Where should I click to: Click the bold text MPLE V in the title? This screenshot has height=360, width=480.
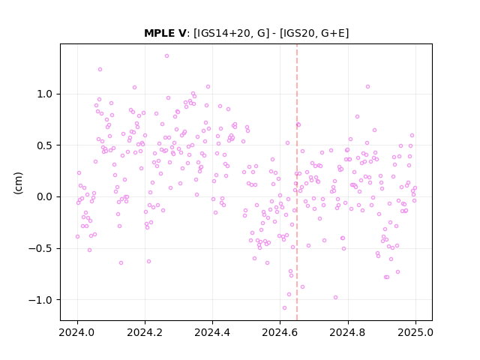[165, 33]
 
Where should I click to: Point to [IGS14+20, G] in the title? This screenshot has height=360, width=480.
[232, 33]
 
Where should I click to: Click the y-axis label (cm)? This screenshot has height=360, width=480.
[18, 183]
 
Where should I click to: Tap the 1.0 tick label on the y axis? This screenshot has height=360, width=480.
[45, 94]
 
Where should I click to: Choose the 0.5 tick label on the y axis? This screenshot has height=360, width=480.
[45, 145]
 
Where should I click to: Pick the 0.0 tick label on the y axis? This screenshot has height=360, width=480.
[45, 196]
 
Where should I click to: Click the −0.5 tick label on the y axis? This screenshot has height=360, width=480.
[40, 248]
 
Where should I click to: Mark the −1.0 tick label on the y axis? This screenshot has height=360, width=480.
[40, 300]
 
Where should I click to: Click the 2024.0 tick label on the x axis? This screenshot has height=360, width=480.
[77, 332]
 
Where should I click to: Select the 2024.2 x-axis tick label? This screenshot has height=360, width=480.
[145, 332]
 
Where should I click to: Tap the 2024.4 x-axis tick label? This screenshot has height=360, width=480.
[212, 332]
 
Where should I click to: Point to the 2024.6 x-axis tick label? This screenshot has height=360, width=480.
[280, 332]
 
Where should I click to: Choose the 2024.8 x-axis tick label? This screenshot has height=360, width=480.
[348, 332]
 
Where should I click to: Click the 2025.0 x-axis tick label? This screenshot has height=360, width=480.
[415, 332]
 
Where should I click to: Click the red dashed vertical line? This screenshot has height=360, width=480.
[297, 182]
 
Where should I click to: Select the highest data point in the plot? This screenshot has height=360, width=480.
[166, 55]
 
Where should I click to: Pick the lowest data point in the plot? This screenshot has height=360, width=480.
[284, 307]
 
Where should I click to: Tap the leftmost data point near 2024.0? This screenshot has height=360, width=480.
[77, 236]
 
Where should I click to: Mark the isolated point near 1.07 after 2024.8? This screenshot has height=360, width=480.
[367, 87]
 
